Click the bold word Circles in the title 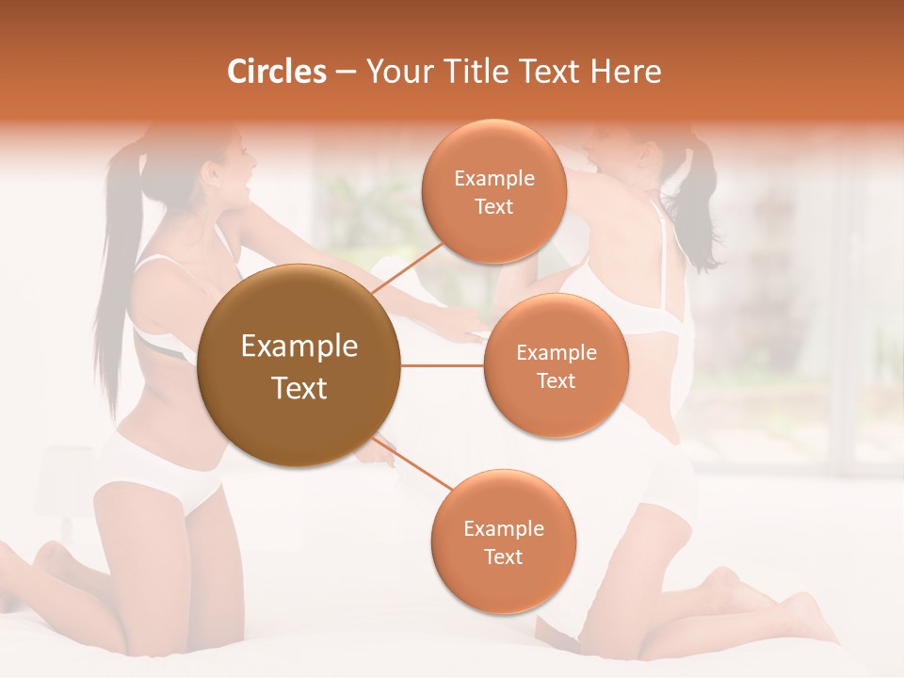point(277,72)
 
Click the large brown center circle point(299,366)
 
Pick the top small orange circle point(493,191)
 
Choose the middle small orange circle point(556,365)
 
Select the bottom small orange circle point(503,541)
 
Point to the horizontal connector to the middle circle point(443,365)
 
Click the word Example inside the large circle point(299,347)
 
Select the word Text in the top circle point(493,206)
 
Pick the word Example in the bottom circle point(504,528)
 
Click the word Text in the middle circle point(556,380)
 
